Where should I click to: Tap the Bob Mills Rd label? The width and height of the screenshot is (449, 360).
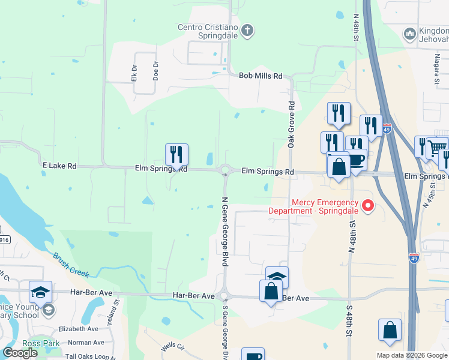tap(261, 76)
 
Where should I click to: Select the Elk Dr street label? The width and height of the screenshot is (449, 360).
tap(134, 73)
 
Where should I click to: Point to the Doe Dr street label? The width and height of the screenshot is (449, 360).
tap(155, 71)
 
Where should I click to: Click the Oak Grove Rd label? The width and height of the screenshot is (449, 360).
tap(292, 125)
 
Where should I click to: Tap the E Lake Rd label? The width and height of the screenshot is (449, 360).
tap(60, 165)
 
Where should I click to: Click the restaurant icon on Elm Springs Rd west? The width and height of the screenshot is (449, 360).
tap(176, 155)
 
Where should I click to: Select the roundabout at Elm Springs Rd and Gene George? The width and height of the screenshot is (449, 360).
tap(226, 171)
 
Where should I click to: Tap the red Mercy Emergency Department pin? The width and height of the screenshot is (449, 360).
tap(369, 207)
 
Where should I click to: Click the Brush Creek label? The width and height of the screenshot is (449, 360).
tap(71, 265)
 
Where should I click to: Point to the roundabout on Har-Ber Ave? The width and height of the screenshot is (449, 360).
tap(224, 296)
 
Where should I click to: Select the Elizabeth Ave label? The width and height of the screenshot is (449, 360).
tap(78, 329)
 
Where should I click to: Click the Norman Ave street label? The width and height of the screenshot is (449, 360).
tap(86, 343)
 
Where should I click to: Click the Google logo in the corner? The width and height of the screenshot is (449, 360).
tap(20, 353)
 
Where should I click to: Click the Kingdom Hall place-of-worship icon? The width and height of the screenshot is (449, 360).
tap(410, 33)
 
